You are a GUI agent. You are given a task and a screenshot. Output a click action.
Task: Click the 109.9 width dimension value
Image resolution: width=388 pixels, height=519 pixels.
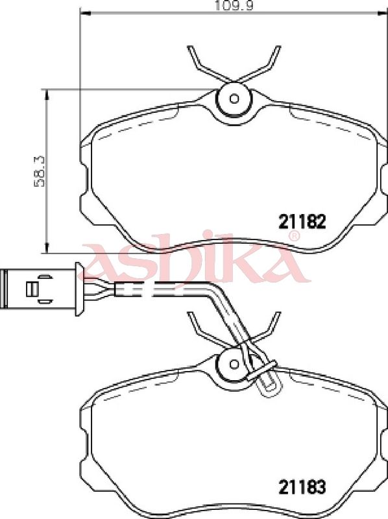tap(234, 6)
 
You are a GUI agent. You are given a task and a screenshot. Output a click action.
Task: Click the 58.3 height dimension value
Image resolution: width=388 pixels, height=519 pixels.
tap(40, 171)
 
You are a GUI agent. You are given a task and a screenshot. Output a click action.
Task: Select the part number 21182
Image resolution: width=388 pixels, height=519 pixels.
tap(302, 222)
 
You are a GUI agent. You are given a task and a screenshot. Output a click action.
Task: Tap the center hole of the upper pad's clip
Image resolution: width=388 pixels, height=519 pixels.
tap(234, 99)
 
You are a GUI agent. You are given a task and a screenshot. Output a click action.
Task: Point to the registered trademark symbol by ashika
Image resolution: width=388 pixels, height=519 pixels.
tap(294, 235)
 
